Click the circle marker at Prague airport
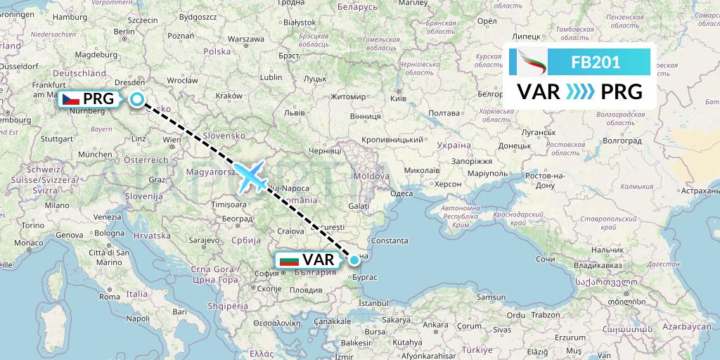(136, 100)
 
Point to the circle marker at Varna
(354, 260)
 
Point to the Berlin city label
(124, 31)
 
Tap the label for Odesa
(401, 193)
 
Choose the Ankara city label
(435, 325)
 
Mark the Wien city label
(172, 140)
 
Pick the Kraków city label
(229, 96)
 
